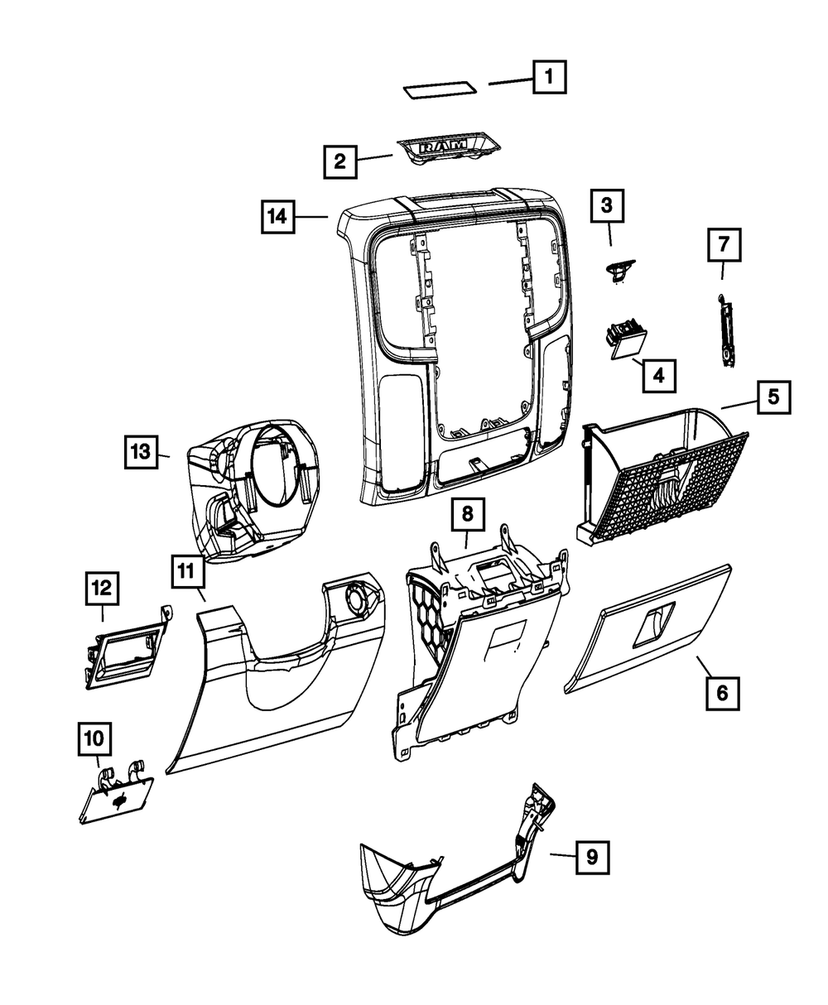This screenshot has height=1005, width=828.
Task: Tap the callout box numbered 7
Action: pyautogui.click(x=724, y=244)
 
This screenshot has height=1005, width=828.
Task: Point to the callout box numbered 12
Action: pyautogui.click(x=102, y=589)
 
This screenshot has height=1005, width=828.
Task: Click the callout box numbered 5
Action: pyautogui.click(x=773, y=397)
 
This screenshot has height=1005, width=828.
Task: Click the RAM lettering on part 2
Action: pyautogui.click(x=443, y=147)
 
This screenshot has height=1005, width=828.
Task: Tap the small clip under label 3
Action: pyautogui.click(x=617, y=270)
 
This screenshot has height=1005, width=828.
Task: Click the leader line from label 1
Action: pyautogui.click(x=511, y=81)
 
